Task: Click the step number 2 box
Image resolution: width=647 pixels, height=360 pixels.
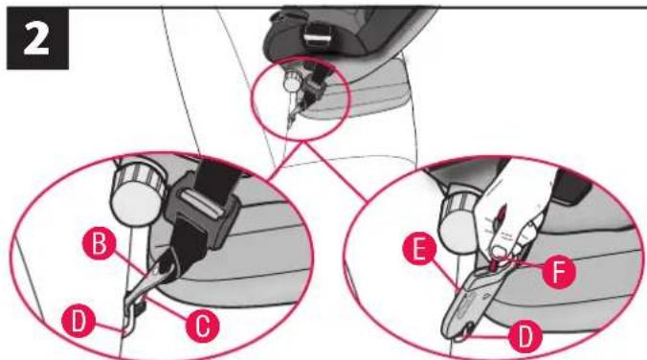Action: point(37,38)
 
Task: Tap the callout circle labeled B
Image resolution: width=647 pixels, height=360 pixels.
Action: point(99,243)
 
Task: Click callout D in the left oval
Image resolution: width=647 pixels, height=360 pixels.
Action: point(78,321)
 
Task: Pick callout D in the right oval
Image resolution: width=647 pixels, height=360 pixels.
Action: point(524,336)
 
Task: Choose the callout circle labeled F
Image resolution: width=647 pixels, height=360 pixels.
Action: point(559,272)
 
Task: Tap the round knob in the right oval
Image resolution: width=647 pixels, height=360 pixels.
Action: point(458,219)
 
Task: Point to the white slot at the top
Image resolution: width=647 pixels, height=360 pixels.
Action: point(317,39)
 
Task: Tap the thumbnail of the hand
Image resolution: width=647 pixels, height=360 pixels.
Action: point(500,251)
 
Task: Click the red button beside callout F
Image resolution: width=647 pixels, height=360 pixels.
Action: point(498,263)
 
